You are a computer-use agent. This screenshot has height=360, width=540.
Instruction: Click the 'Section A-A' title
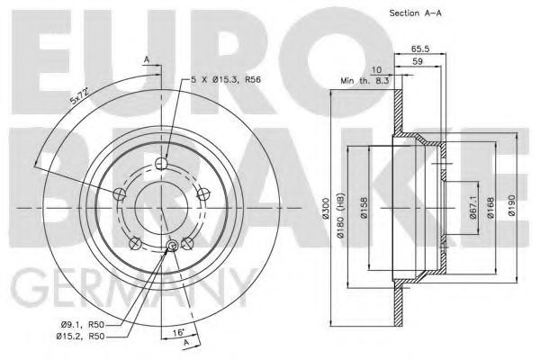[x=415, y=13]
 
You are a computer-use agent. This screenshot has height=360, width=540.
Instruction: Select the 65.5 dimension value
[x=420, y=49]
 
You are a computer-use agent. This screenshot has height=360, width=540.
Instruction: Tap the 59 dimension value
[x=418, y=62]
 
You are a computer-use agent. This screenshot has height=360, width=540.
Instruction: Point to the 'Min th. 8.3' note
[x=364, y=81]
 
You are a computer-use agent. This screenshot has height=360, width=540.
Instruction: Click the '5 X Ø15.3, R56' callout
[x=226, y=80]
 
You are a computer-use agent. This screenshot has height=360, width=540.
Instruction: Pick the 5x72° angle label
[x=80, y=95]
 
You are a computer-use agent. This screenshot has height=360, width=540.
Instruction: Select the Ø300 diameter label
[x=327, y=208]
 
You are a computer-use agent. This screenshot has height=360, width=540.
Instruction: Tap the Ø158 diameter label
[x=364, y=208]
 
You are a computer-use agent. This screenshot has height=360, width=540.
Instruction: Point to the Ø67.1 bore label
[x=472, y=208]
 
